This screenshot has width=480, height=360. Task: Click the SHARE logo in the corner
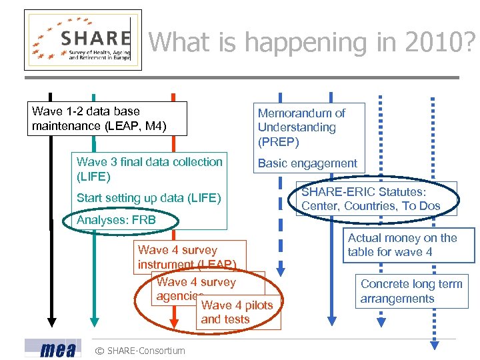click(83, 40)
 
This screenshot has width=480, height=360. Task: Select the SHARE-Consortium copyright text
click(140, 351)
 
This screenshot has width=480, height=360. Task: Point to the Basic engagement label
click(307, 163)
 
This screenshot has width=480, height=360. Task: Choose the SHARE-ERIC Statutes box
click(377, 199)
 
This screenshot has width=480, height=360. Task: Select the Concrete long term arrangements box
click(411, 291)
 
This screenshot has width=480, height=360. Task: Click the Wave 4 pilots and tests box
click(237, 313)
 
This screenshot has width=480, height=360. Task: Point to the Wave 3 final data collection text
click(149, 169)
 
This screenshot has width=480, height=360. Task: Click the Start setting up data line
click(149, 198)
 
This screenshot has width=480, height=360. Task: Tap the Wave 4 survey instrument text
click(186, 257)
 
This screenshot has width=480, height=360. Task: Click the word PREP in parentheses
click(279, 142)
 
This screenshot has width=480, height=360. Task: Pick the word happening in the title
click(305, 43)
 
